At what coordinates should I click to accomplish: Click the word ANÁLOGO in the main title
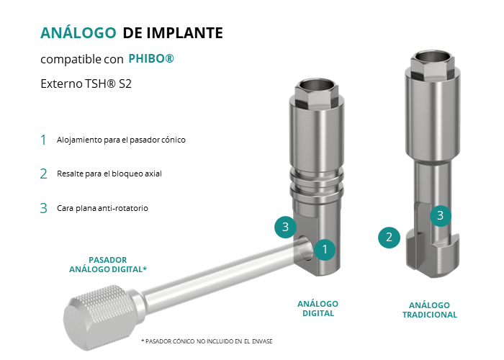tap(78, 32)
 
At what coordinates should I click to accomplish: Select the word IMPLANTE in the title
tap(184, 33)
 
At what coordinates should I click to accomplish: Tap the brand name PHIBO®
tap(151, 58)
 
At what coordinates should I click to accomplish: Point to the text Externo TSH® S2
tap(86, 84)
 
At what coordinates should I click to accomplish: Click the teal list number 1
tap(43, 140)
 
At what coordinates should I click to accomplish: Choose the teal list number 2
tap(43, 174)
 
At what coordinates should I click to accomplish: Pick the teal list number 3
tap(43, 208)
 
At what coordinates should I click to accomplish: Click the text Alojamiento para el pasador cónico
tap(121, 140)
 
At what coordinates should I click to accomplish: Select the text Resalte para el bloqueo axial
tap(109, 174)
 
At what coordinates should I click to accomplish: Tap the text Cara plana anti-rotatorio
tap(102, 208)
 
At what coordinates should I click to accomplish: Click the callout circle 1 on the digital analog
tap(325, 249)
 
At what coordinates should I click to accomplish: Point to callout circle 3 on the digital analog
tap(285, 227)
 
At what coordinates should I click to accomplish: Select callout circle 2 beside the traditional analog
tap(389, 238)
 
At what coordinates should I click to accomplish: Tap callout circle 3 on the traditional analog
tap(441, 215)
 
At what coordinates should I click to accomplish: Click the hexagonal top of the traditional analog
tap(432, 65)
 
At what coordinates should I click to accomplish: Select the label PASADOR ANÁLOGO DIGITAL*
tap(108, 264)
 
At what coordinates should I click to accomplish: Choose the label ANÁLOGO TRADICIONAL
tap(430, 310)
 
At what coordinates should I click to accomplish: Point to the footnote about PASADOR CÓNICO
tap(207, 341)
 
